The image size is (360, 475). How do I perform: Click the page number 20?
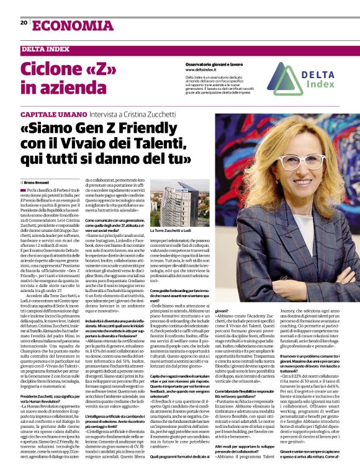click(x=24, y=22)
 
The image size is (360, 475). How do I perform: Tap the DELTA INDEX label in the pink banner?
click(x=45, y=48)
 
